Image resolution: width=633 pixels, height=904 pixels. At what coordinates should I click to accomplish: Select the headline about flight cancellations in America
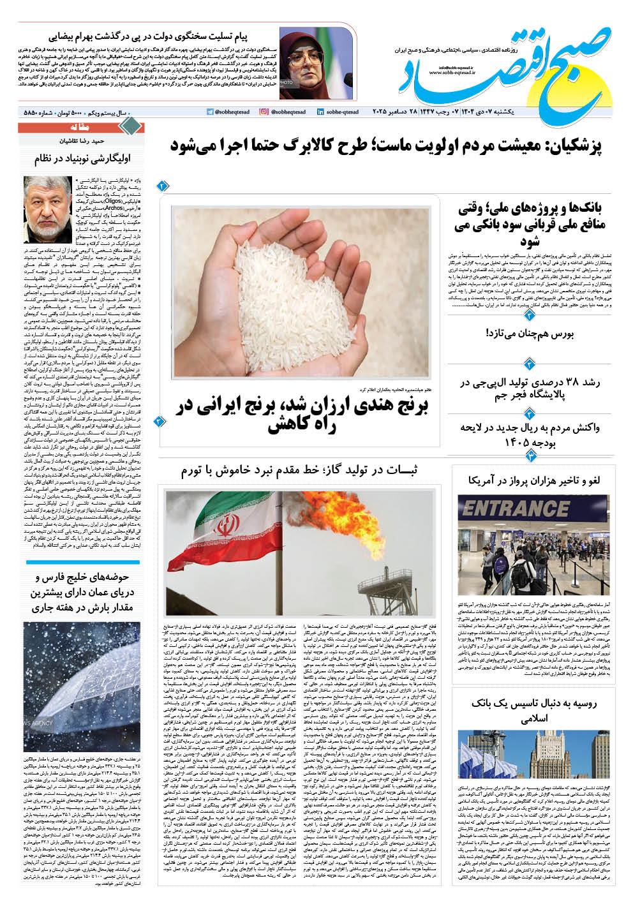pos(532,480)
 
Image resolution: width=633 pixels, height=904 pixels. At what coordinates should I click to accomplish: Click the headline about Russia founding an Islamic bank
pos(532,711)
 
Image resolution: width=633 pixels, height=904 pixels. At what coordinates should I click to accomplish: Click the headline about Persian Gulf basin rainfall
pos(83,593)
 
